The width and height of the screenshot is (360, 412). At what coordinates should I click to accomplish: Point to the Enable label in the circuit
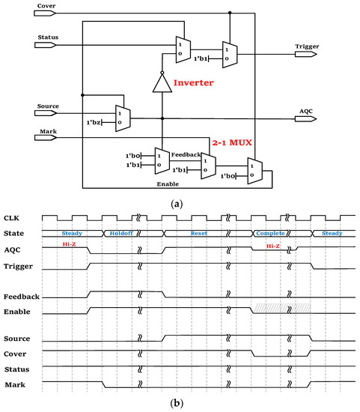[x=168, y=182]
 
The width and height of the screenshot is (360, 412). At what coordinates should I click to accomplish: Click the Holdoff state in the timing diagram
[x=120, y=233]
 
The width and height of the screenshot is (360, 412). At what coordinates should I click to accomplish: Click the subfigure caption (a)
[x=180, y=202]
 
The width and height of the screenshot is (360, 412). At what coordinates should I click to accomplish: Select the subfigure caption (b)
[x=180, y=402]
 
